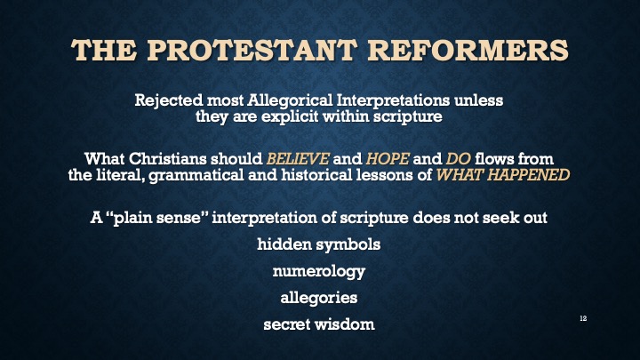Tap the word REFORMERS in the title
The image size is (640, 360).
465,49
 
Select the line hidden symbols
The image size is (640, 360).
319,245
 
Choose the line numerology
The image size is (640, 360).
319,271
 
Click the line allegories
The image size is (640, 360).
319,298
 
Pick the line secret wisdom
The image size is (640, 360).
319,324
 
